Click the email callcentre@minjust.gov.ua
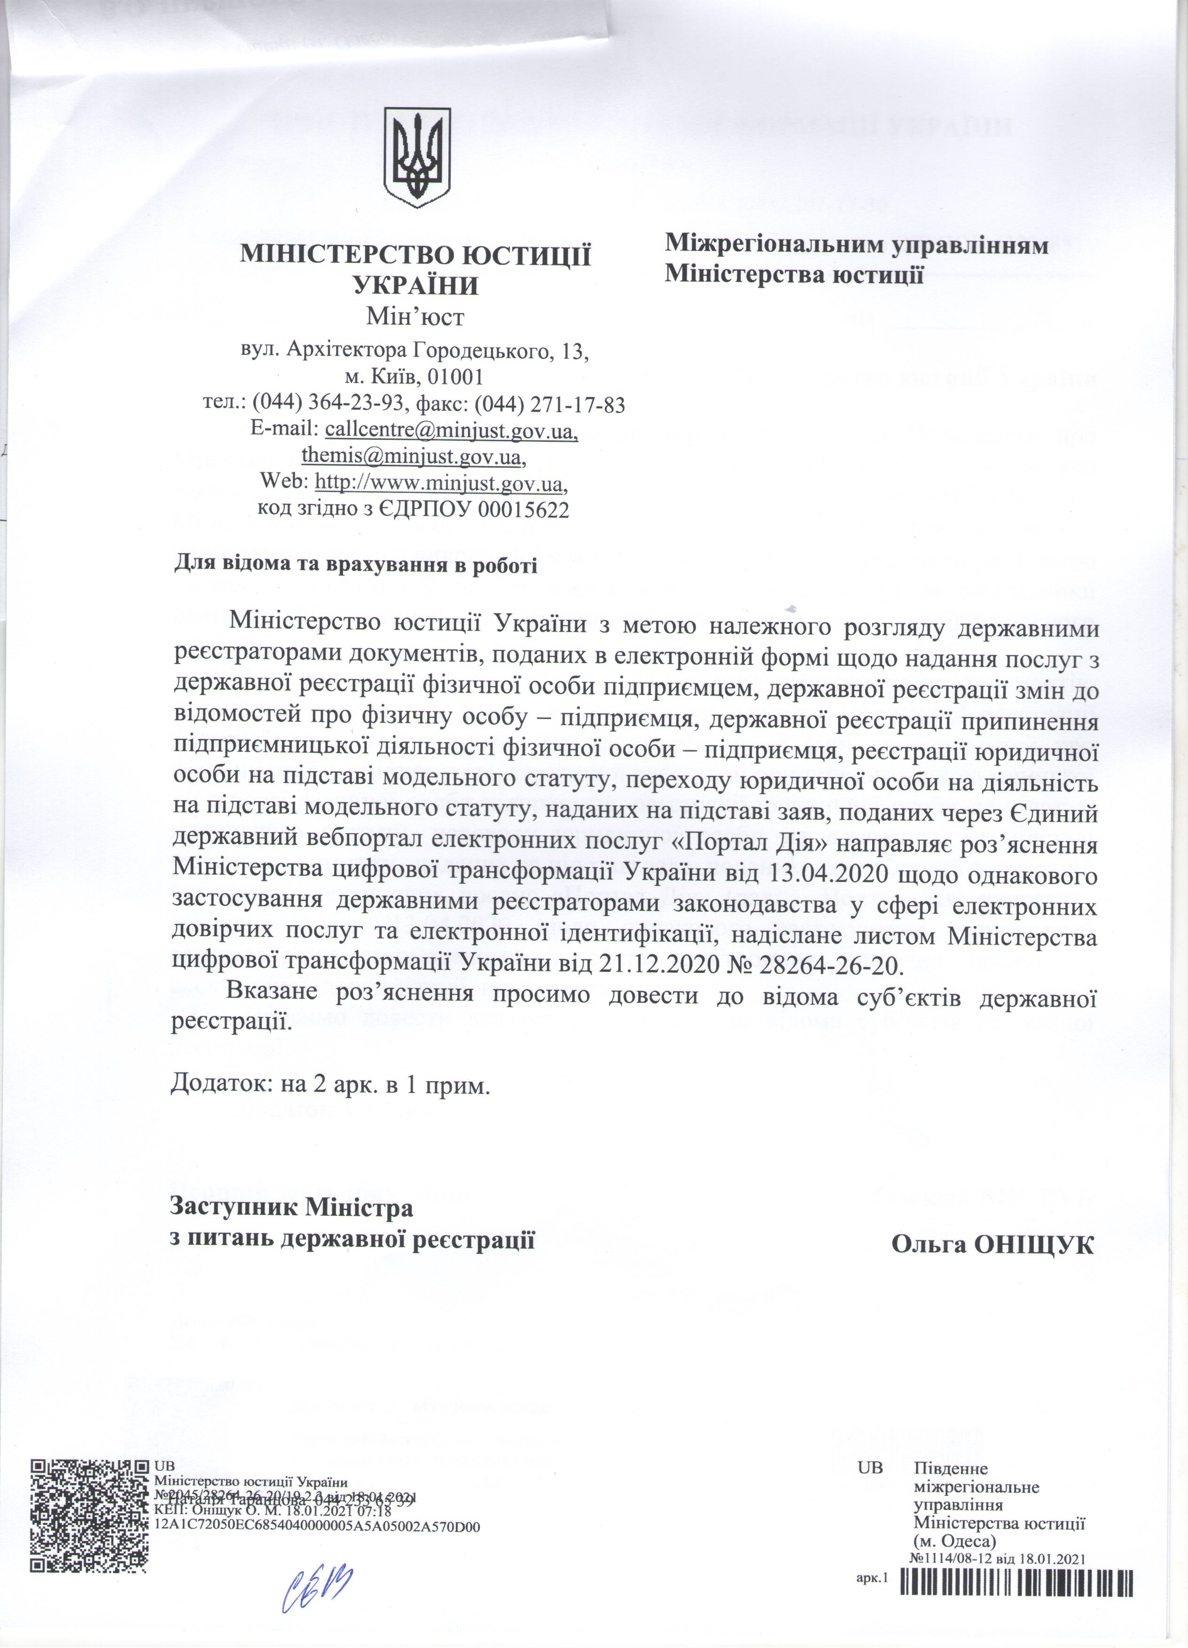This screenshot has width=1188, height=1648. pyautogui.click(x=451, y=431)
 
